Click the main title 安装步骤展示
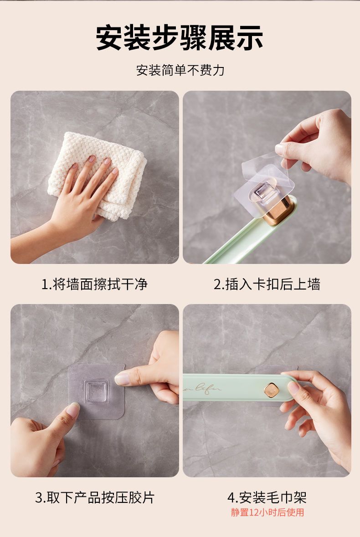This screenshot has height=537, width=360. (179, 38)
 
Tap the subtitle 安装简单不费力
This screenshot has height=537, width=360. (180, 70)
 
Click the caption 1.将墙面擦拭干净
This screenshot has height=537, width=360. (94, 284)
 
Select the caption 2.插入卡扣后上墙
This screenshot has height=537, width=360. (267, 284)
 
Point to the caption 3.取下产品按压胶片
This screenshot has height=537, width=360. (95, 498)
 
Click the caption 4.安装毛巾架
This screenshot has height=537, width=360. (267, 498)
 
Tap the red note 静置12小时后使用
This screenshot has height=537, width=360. (267, 512)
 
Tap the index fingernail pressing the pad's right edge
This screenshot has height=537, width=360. (122, 379)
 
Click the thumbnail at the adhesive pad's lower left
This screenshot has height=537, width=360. (72, 409)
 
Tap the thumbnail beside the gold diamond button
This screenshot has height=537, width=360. (293, 387)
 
